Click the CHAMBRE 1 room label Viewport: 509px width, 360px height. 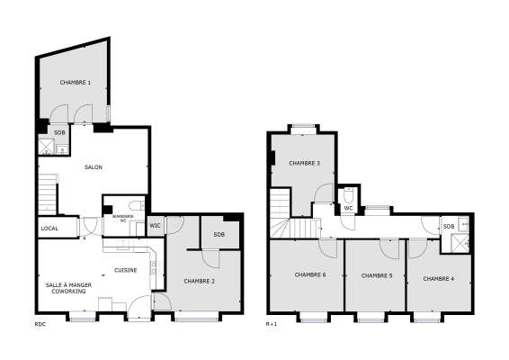(x=76, y=83)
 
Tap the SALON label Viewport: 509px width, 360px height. (x=94, y=168)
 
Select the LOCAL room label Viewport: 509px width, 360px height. (x=49, y=229)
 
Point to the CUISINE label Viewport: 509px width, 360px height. (x=126, y=270)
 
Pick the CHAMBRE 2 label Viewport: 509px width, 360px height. (x=199, y=282)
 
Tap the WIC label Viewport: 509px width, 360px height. (x=154, y=225)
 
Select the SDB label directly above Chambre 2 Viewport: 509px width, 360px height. (x=219, y=235)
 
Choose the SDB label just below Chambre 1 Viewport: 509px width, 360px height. (x=59, y=133)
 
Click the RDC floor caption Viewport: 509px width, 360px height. (x=40, y=324)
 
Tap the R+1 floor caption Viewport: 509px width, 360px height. (x=271, y=324)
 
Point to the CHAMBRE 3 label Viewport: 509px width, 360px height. (x=305, y=163)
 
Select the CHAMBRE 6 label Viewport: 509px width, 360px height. (x=310, y=274)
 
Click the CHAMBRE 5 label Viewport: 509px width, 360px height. (x=377, y=275)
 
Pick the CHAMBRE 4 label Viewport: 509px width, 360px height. (x=438, y=278)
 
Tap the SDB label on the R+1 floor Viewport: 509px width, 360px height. (x=448, y=227)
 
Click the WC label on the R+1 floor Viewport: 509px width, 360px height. (x=347, y=208)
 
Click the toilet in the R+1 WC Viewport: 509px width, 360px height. (x=347, y=193)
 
